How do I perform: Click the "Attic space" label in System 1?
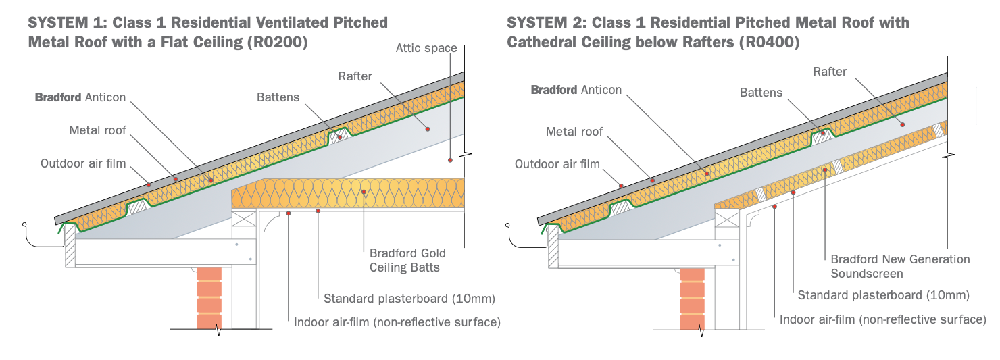tap(426, 48)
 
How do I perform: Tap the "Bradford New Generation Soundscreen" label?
tap(900, 266)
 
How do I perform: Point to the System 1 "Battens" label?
tap(278, 97)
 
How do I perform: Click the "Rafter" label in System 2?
tap(830, 71)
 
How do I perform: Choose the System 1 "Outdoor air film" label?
tap(83, 163)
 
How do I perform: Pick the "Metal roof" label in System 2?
tap(574, 132)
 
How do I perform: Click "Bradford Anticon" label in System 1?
tap(80, 97)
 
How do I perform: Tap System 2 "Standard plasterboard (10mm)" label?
tap(883, 295)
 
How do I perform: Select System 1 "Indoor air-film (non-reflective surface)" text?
tap(397, 322)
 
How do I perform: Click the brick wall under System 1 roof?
tap(209, 297)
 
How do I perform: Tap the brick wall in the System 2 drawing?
tap(693, 297)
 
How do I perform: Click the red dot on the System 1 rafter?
tap(428, 126)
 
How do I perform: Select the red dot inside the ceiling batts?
tap(364, 192)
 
